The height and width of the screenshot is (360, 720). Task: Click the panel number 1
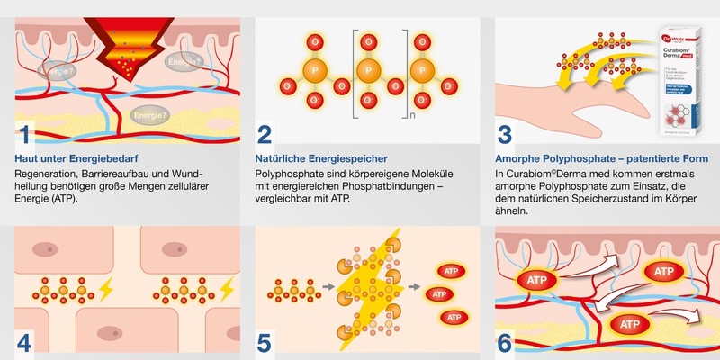click(25, 135)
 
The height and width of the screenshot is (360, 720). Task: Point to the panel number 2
click(265, 135)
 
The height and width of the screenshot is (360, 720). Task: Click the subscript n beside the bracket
click(437, 114)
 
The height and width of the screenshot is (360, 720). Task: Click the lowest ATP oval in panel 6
click(629, 323)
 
